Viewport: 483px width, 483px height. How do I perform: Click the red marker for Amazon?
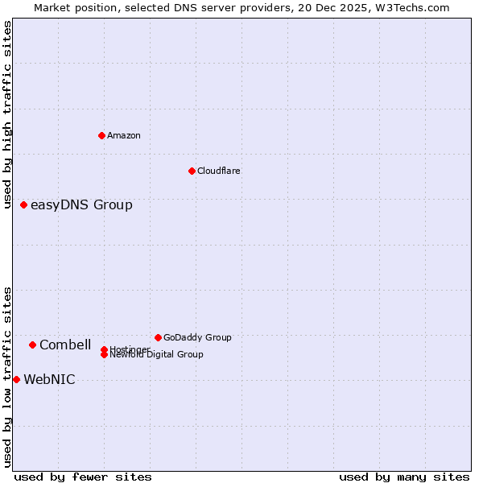[x=101, y=135]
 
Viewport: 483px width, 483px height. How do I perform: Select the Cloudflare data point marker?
[x=192, y=171]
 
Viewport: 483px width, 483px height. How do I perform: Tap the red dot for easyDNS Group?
[x=24, y=205]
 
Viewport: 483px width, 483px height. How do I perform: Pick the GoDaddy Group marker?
[x=158, y=337]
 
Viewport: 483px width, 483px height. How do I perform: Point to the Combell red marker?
[x=32, y=345]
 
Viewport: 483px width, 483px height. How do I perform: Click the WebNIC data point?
[x=16, y=379]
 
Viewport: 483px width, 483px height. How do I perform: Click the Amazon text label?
[x=124, y=135]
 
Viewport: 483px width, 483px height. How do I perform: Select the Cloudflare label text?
[x=218, y=171]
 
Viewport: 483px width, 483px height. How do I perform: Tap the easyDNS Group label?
[x=81, y=205]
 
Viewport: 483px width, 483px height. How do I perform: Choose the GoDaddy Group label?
[x=197, y=337]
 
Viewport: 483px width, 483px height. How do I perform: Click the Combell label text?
[x=65, y=345]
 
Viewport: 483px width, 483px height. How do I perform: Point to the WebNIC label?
[x=49, y=380]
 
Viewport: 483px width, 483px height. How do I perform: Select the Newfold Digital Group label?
[x=157, y=355]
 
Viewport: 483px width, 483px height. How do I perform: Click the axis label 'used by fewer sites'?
[x=83, y=477]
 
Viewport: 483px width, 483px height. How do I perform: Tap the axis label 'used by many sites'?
[x=404, y=477]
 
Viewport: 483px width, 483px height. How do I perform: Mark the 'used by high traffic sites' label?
[x=7, y=115]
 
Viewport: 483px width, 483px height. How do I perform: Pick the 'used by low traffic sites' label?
[x=7, y=376]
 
